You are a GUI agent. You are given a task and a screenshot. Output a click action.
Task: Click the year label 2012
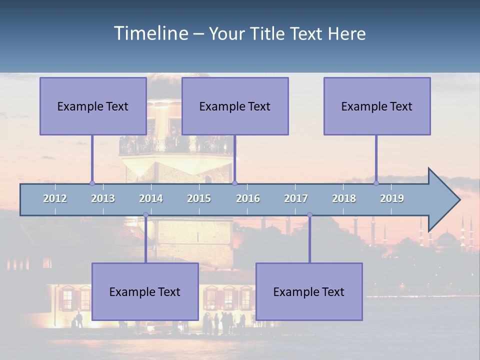point(55,198)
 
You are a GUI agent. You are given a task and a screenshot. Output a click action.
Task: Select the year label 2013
point(103,198)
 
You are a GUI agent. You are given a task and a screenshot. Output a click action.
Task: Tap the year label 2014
point(151,198)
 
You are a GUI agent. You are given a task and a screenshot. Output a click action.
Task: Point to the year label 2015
point(199,198)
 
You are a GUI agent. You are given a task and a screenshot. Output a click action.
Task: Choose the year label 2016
point(248,198)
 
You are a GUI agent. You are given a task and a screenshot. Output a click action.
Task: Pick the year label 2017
point(296,198)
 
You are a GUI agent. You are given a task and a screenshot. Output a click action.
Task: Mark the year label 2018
point(344,198)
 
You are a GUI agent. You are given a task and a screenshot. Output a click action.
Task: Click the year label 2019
point(392,198)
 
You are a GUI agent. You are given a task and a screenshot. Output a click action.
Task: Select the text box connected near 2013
point(93,106)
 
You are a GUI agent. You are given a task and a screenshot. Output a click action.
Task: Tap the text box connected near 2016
point(235,106)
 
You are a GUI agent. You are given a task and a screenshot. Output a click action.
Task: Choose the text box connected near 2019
point(377,106)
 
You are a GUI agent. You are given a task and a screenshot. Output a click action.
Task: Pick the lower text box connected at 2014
point(145,291)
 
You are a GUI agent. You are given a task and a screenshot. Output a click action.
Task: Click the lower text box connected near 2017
point(309,291)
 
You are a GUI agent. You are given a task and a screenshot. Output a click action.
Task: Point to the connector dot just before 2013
point(92,183)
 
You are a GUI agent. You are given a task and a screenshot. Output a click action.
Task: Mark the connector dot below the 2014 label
point(145,215)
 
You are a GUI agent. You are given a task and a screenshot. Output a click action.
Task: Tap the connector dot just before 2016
point(235,183)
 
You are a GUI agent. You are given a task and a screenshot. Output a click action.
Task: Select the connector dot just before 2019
point(376,183)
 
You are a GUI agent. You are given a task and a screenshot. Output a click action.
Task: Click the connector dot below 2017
point(309,215)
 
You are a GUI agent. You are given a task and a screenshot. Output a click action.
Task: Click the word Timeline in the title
point(150,33)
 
